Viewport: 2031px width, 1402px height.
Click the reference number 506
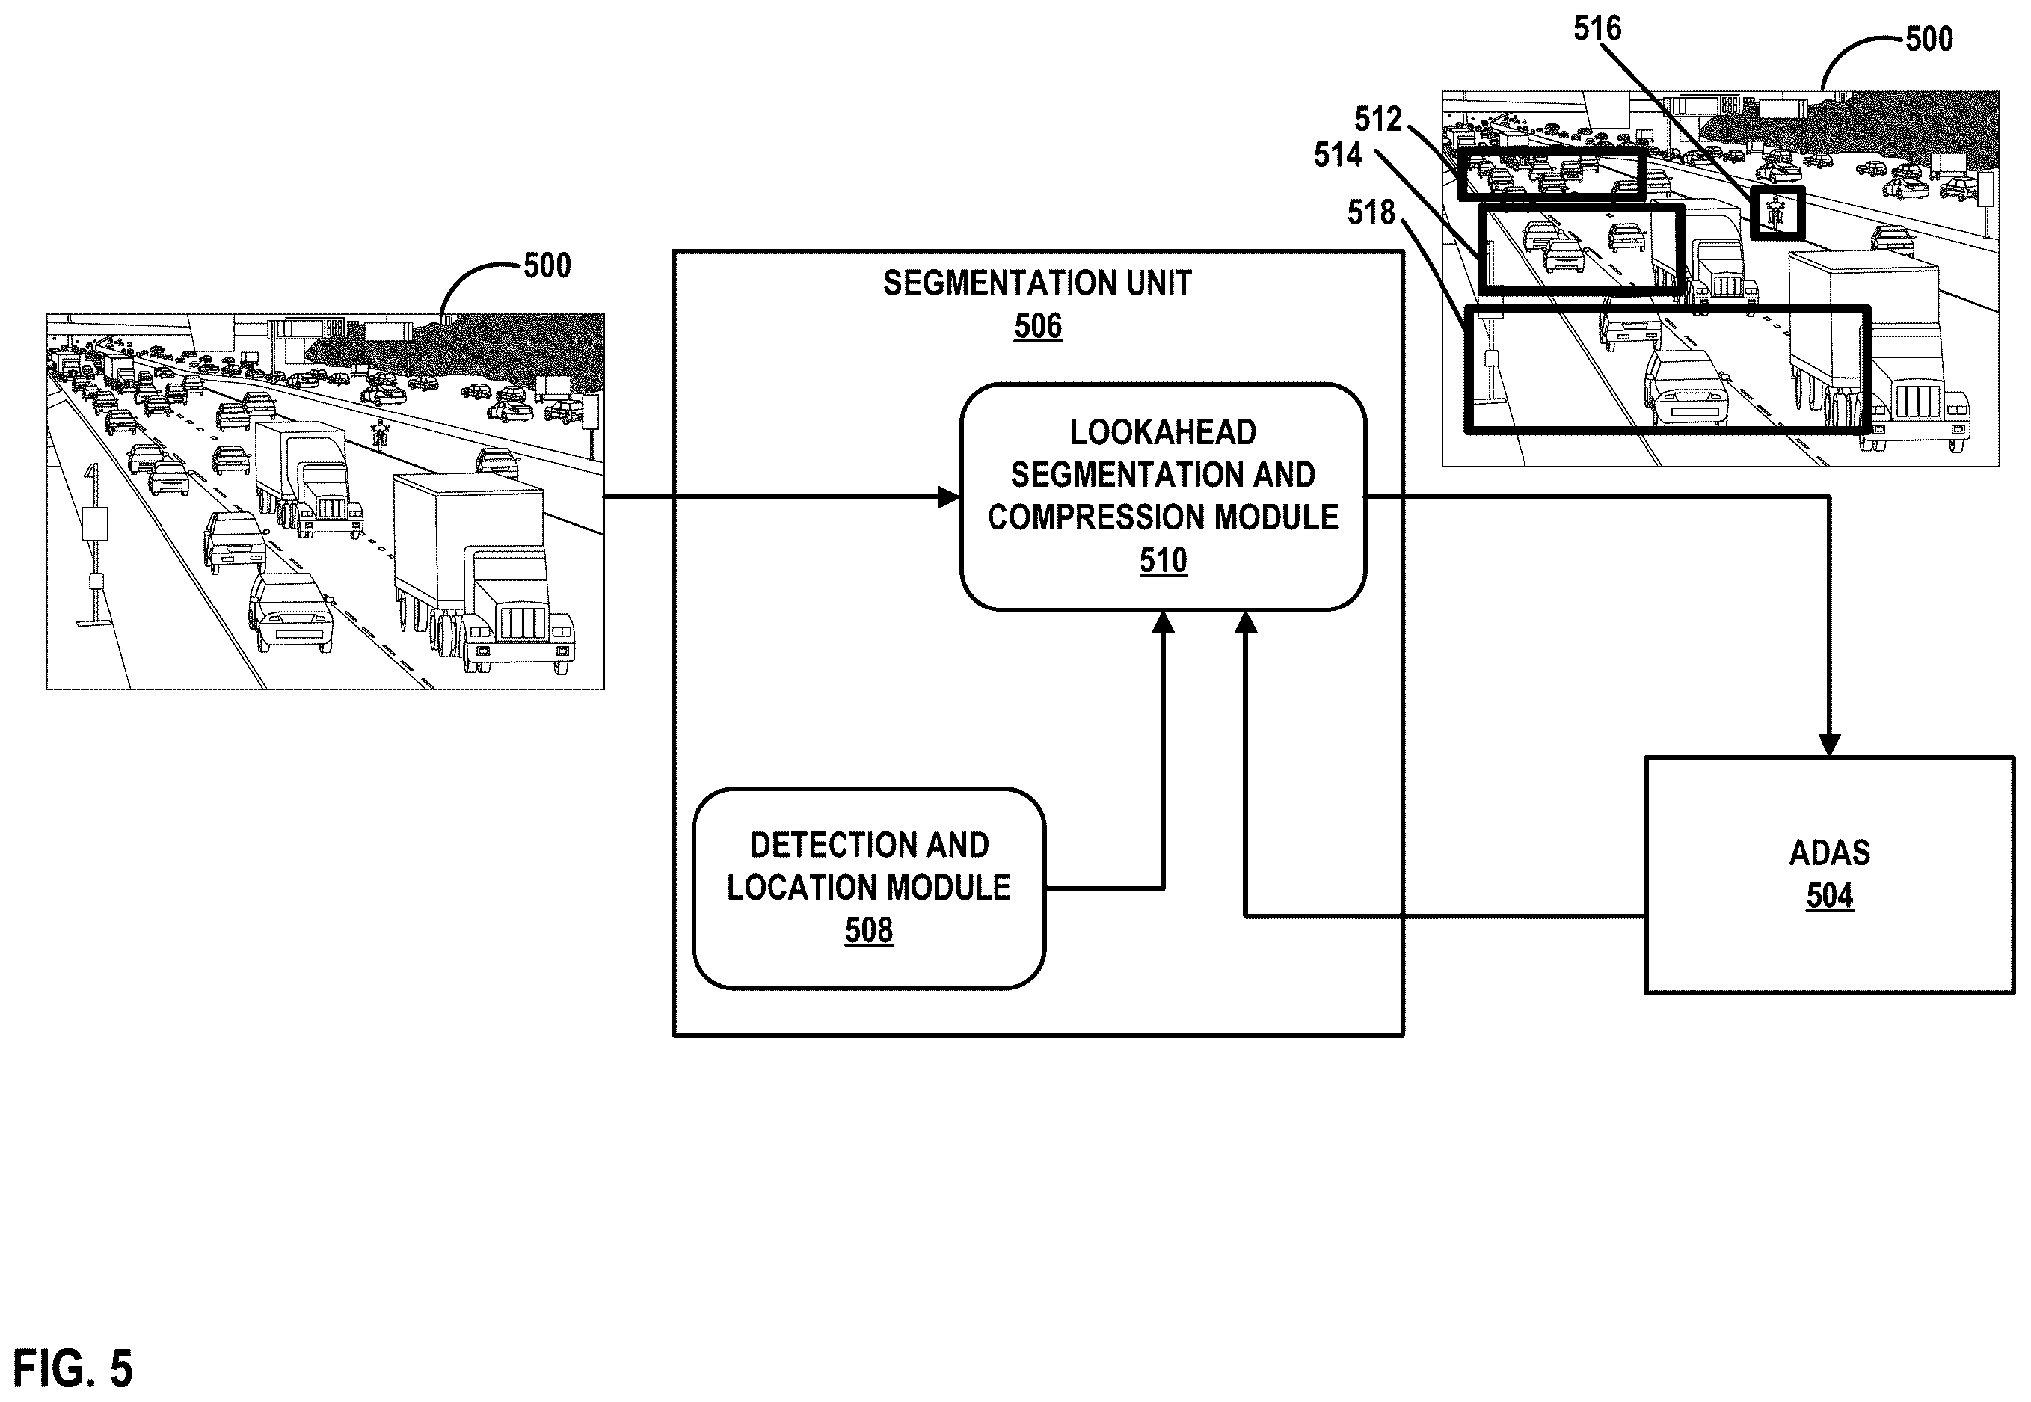(1037, 326)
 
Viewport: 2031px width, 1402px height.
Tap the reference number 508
(869, 930)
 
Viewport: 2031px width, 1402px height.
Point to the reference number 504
(1830, 896)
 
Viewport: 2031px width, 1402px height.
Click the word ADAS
(1830, 853)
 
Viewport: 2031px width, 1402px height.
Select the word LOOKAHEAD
(1163, 432)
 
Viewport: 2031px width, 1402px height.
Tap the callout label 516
(1597, 29)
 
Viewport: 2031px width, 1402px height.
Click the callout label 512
(1378, 119)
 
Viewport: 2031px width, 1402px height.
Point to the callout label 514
(1338, 156)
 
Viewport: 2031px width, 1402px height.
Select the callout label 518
(1371, 212)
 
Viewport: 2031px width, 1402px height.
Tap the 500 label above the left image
(547, 265)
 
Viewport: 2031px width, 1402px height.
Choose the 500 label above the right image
(1929, 40)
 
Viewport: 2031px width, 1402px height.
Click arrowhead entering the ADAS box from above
(1830, 745)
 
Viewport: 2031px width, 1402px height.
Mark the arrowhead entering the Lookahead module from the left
(950, 497)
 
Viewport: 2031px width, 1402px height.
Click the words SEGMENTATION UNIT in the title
(1037, 283)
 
